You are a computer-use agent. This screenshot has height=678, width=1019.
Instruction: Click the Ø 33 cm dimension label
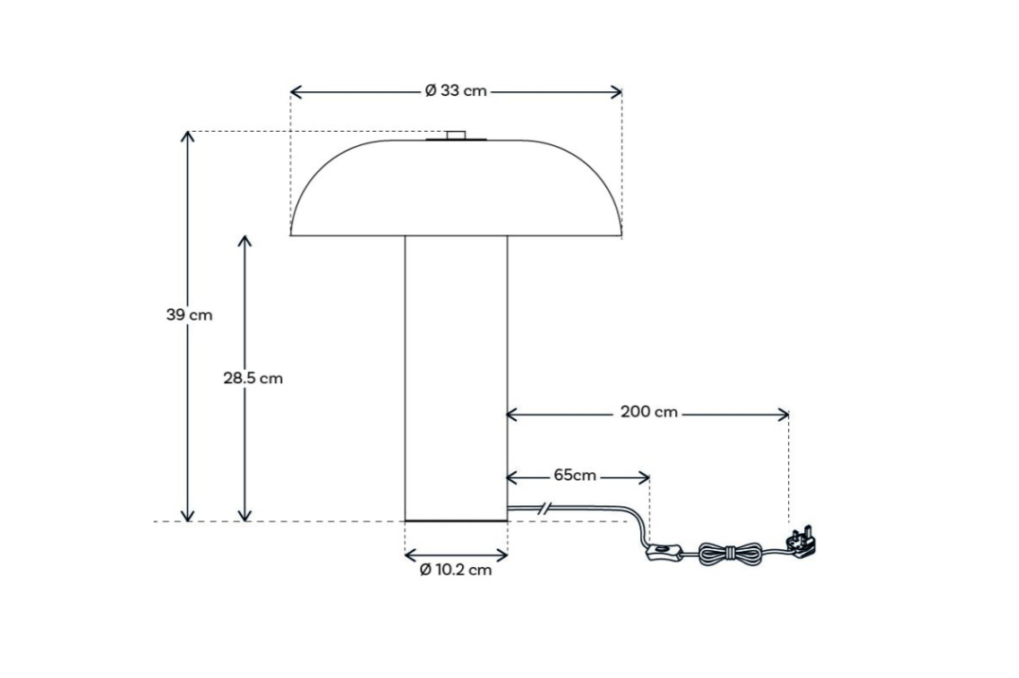456,91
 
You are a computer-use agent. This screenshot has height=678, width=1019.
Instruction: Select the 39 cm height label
189,315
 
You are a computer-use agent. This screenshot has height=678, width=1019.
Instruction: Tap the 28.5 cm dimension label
253,378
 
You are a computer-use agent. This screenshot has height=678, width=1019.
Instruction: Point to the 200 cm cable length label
649,413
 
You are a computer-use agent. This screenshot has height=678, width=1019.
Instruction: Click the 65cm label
574,476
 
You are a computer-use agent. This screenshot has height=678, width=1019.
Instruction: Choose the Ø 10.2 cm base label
456,570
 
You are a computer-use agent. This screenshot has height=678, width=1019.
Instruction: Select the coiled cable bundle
731,554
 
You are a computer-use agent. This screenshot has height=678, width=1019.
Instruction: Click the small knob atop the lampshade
456,135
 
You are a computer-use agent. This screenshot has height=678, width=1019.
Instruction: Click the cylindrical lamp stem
456,376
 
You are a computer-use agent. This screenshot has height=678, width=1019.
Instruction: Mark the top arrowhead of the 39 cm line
187,134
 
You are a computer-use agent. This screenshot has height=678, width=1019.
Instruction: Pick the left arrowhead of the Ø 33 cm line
295,91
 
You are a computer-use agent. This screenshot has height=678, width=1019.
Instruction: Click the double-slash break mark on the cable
543,509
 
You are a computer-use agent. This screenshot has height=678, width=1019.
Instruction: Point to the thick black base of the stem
456,520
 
